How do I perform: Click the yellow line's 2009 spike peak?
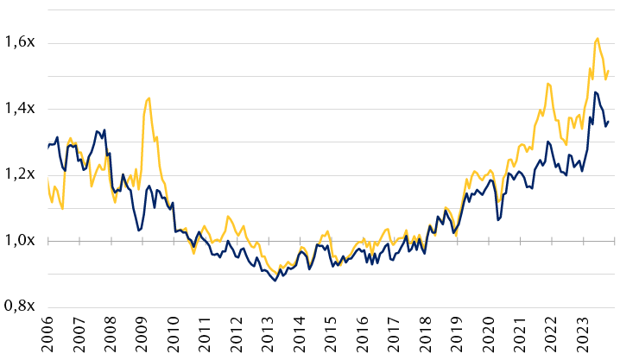coord(149,98)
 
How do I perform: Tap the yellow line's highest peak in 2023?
coord(598,38)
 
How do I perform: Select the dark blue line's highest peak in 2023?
coord(595,92)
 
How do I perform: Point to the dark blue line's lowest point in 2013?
coord(275,281)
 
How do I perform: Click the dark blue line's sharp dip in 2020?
coord(498,220)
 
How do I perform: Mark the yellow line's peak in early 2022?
coord(547,84)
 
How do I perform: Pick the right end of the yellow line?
coord(609,71)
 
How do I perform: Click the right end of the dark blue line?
coord(609,122)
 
